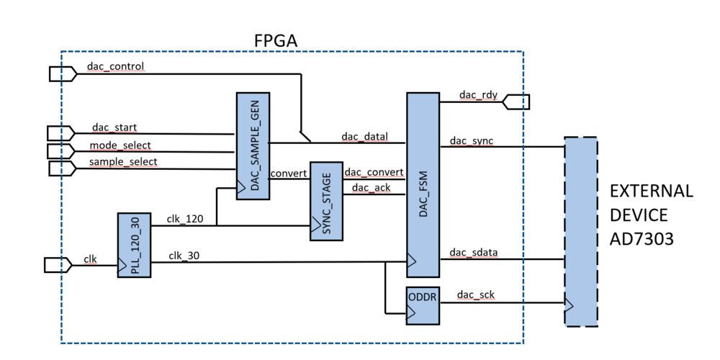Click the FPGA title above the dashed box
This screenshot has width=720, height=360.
click(x=275, y=40)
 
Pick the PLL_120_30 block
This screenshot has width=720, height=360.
click(x=134, y=245)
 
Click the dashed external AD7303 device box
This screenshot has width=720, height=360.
click(x=581, y=231)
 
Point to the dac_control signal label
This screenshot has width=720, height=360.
click(x=115, y=67)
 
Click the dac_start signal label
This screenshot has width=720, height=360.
click(x=114, y=127)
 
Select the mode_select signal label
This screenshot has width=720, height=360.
click(x=120, y=145)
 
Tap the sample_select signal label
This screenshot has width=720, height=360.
click(x=123, y=161)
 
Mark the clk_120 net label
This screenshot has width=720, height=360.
click(x=186, y=217)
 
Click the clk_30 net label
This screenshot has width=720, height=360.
click(x=185, y=255)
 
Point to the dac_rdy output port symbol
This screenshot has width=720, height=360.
click(x=518, y=102)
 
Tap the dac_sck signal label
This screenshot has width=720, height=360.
click(x=472, y=295)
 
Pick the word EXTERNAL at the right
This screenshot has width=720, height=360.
click(x=651, y=192)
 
